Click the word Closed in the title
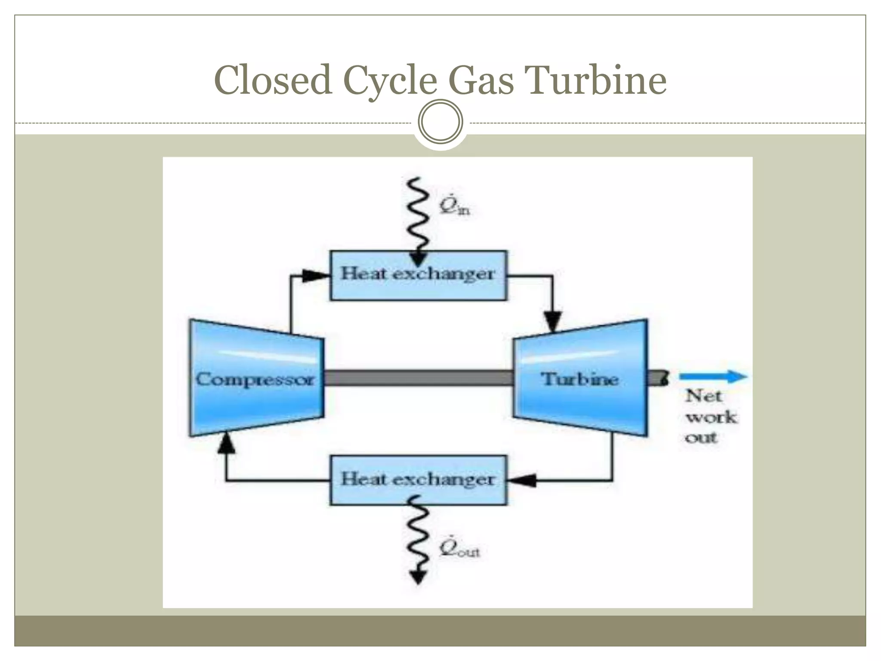pyautogui.click(x=273, y=80)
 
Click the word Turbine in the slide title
pyautogui.click(x=597, y=80)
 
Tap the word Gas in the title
pyautogui.click(x=481, y=80)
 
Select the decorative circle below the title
pyautogui.click(x=440, y=122)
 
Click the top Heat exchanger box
pyautogui.click(x=418, y=275)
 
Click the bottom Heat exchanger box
pyautogui.click(x=418, y=480)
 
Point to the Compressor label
pyautogui.click(x=255, y=380)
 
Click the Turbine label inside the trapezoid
pyautogui.click(x=579, y=379)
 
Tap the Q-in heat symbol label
pyautogui.click(x=454, y=206)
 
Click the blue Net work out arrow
pyautogui.click(x=713, y=377)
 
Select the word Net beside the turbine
pyautogui.click(x=703, y=395)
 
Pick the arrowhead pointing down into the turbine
pyautogui.click(x=553, y=321)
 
